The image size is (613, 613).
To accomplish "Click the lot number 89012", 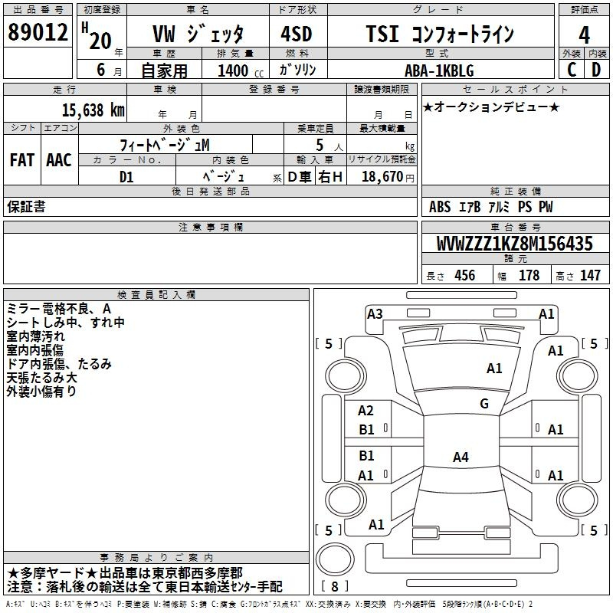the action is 38,32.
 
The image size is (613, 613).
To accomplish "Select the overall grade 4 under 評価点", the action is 584,35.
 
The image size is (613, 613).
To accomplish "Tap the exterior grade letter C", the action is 572,70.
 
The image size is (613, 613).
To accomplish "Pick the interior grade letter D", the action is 596,70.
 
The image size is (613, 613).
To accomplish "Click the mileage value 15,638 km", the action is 93,110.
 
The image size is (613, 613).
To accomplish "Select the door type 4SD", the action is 297,34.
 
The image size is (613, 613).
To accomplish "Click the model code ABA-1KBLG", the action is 439,70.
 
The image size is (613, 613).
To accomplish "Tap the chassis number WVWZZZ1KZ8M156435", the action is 514,244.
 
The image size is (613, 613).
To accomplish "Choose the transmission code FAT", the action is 22,160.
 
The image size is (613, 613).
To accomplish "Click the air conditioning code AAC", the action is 59,160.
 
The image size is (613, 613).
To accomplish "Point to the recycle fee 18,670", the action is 382,177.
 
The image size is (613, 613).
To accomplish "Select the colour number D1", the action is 126,177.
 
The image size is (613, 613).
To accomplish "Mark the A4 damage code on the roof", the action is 461,457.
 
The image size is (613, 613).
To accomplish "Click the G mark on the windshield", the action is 484,403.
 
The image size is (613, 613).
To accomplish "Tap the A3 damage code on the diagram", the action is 375,314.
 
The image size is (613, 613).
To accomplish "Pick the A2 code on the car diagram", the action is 366,411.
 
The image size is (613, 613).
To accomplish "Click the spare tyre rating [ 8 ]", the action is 335,586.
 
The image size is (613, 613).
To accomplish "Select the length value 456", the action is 465,275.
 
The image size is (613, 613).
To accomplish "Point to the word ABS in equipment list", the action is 440,206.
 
